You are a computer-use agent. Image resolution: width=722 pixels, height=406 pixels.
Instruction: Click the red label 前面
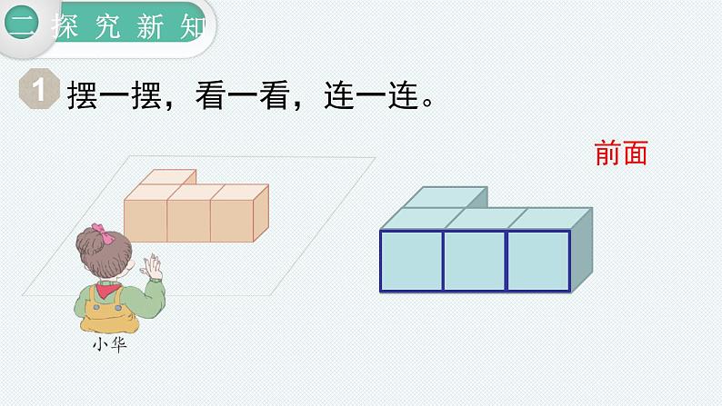621,153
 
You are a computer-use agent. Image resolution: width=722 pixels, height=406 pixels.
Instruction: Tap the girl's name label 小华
110,344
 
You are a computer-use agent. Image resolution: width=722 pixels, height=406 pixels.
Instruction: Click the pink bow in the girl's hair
103,233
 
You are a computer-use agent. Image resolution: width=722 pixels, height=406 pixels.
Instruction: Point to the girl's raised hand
153,267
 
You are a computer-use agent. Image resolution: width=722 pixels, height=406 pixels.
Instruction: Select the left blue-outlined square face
411,261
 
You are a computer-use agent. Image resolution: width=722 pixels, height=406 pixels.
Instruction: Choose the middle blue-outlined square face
475,261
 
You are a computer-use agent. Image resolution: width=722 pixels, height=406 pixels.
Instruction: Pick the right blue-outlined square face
538,261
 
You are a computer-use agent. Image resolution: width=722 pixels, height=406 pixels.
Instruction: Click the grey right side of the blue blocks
582,250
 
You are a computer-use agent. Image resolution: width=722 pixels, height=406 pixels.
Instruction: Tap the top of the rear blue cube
446,197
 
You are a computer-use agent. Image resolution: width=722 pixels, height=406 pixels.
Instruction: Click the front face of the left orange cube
145,221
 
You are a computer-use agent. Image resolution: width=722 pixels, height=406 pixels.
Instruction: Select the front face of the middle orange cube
189,221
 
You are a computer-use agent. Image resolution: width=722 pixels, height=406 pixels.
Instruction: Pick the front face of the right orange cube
232,221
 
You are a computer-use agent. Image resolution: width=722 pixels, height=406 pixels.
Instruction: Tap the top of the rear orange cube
168,177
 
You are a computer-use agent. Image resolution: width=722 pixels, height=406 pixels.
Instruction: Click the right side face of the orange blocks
261,213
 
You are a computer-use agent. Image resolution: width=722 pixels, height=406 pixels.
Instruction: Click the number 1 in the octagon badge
39,89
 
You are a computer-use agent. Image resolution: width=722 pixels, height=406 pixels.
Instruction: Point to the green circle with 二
21,22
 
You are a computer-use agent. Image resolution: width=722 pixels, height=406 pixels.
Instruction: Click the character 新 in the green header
150,26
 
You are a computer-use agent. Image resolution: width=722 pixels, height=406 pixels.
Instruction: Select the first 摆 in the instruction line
83,95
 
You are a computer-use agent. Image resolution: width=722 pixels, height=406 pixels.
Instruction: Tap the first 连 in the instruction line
339,95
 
